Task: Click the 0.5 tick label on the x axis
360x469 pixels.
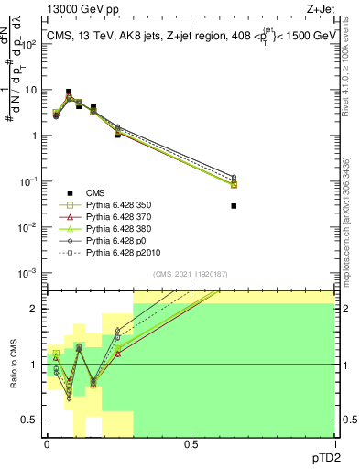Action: click(x=190, y=443)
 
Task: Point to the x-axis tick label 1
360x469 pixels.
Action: click(x=333, y=443)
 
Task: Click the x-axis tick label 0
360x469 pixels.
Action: click(x=47, y=443)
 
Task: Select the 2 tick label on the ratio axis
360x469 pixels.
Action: click(x=34, y=309)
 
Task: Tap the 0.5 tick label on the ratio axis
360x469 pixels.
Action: click(x=30, y=421)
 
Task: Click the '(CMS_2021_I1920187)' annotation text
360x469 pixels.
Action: click(x=191, y=275)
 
